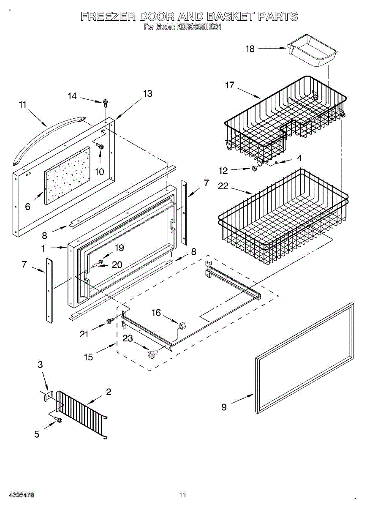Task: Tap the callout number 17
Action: [229, 85]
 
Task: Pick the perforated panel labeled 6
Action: [68, 176]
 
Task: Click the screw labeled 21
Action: [109, 321]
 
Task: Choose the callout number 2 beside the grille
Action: [109, 392]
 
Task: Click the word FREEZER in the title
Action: [108, 17]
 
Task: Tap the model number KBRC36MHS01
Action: [198, 27]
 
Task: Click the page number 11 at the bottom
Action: [182, 494]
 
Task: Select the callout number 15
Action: [88, 357]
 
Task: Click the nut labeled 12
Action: [254, 169]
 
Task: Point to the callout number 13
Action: [147, 93]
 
